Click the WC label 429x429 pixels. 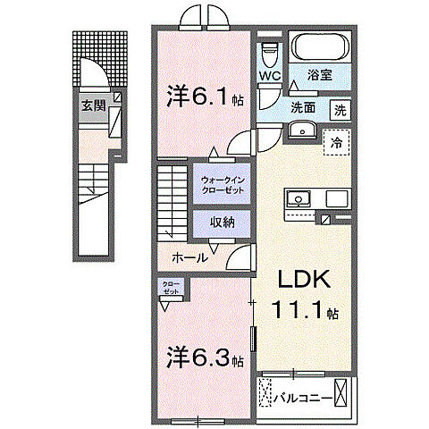point(270,76)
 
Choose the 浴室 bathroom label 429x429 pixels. point(319,77)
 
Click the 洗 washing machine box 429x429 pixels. point(341,111)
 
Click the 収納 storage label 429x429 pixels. point(223,222)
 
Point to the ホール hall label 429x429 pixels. point(190,257)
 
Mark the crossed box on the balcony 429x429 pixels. point(265,393)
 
